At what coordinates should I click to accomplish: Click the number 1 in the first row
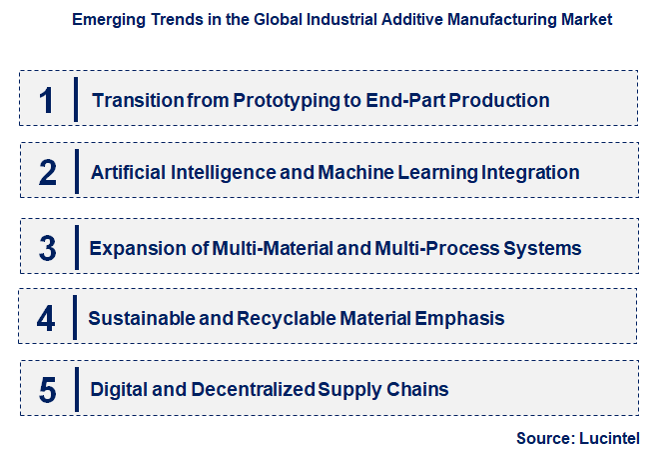[45, 100]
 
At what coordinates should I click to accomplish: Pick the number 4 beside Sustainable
[46, 319]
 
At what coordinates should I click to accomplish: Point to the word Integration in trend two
[529, 173]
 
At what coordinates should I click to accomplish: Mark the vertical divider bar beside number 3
[76, 246]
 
